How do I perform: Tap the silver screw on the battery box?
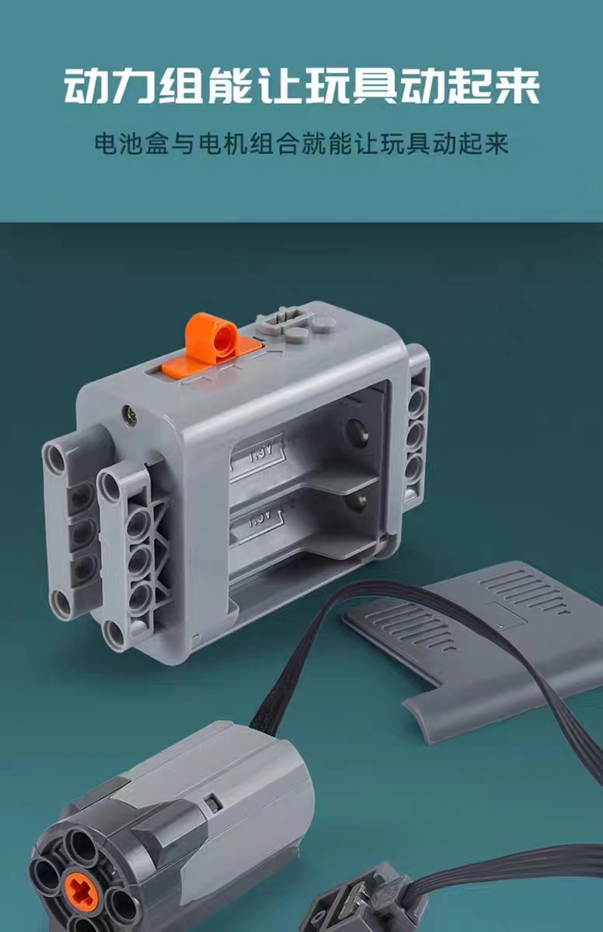tap(131, 412)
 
